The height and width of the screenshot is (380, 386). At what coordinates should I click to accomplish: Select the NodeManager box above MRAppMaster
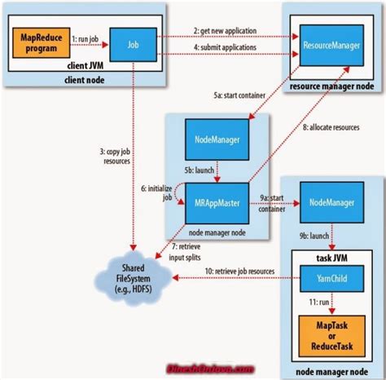(214, 141)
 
